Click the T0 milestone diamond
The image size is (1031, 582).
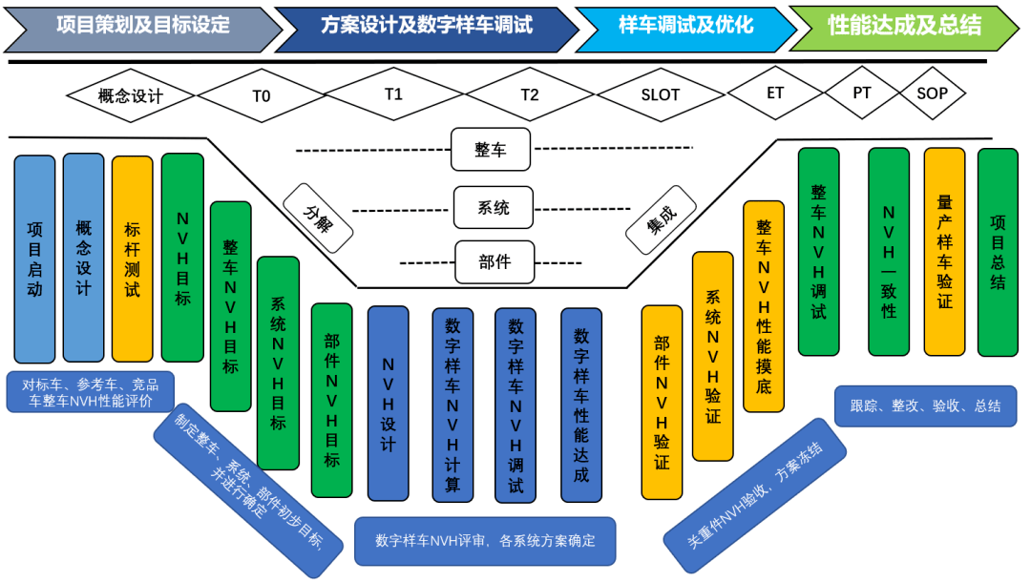click(262, 95)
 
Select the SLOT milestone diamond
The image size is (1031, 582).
click(661, 95)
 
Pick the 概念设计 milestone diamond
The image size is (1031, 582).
click(131, 95)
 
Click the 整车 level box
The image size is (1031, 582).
click(491, 151)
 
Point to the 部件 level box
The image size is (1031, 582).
click(494, 261)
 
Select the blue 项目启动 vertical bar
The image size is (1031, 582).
click(35, 258)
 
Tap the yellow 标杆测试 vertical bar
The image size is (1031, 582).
click(132, 258)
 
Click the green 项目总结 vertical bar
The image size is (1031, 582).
click(998, 252)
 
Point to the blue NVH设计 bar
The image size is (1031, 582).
click(388, 403)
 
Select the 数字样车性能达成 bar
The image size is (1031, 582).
click(581, 403)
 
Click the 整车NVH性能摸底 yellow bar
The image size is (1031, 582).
click(764, 305)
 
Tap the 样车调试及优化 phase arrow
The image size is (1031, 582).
click(685, 26)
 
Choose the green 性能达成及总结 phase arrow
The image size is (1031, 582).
click(903, 26)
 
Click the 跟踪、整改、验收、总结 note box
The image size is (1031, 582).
click(925, 405)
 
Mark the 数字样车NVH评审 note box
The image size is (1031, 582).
click(485, 541)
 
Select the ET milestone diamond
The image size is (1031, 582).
click(775, 94)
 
